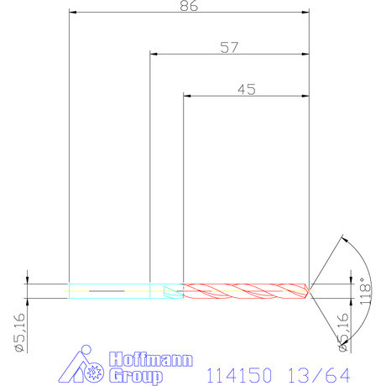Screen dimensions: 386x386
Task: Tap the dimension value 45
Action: (247, 90)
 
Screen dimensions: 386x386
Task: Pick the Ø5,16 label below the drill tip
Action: (342, 331)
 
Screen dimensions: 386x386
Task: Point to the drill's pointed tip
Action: (310, 290)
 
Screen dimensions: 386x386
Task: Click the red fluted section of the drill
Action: (243, 290)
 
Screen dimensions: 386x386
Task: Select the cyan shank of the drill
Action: (109, 290)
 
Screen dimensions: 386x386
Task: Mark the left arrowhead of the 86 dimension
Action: (73, 13)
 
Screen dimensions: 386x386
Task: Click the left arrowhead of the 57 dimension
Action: (154, 55)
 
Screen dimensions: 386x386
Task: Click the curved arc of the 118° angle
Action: (357, 260)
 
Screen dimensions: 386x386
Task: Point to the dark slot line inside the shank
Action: (106, 291)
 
